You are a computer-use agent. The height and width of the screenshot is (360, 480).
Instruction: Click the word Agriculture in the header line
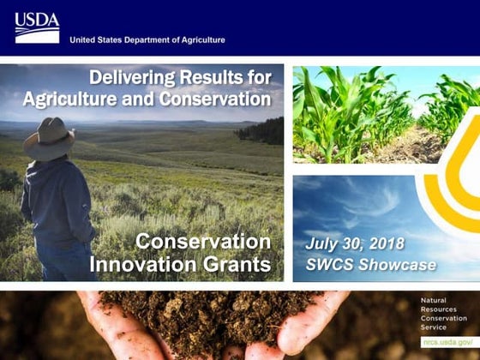(x=200, y=39)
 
